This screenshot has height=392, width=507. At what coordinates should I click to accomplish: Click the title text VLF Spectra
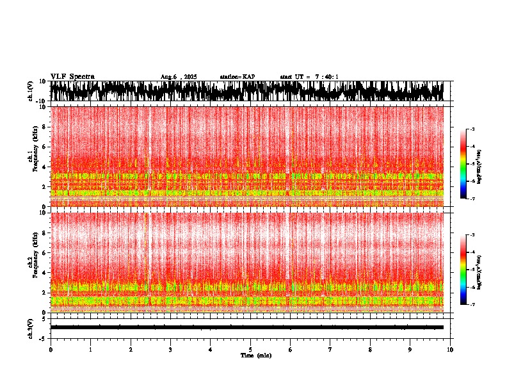pyautogui.click(x=72, y=76)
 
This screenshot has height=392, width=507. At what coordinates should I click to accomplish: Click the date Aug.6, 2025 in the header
pyautogui.click(x=179, y=77)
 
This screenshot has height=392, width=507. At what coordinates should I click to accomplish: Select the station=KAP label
pyautogui.click(x=237, y=77)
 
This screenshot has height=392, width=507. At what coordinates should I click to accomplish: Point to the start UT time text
pyautogui.click(x=309, y=77)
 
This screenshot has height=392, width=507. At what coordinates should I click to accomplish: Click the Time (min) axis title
pyautogui.click(x=255, y=355)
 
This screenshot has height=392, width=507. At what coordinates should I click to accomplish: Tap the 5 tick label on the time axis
pyautogui.click(x=250, y=350)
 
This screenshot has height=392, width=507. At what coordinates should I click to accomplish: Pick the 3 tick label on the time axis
pyautogui.click(x=170, y=350)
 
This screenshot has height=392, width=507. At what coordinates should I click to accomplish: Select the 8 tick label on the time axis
pyautogui.click(x=370, y=350)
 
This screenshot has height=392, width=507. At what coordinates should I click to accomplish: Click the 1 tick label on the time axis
pyautogui.click(x=90, y=350)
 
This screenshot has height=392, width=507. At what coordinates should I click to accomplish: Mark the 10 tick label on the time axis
pyautogui.click(x=450, y=350)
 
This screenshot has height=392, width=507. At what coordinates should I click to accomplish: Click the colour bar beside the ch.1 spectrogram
pyautogui.click(x=463, y=164)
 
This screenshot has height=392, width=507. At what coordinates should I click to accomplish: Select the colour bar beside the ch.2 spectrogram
pyautogui.click(x=463, y=270)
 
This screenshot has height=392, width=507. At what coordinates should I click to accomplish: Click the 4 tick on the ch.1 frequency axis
pyautogui.click(x=45, y=167)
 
